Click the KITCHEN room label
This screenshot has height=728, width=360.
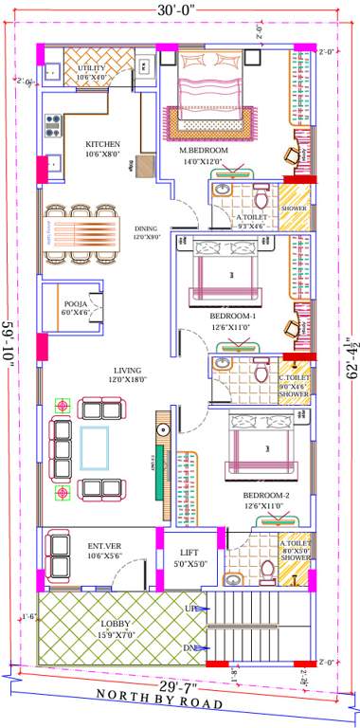pyautogui.click(x=103, y=144)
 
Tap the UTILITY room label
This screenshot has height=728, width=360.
pyautogui.click(x=92, y=68)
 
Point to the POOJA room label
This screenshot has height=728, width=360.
pyautogui.click(x=75, y=302)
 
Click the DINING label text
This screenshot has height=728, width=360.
pyautogui.click(x=146, y=228)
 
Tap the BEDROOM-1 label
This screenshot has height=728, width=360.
pyautogui.click(x=234, y=315)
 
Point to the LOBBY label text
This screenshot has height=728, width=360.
pyautogui.click(x=117, y=624)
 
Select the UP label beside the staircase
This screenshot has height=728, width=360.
pyautogui.click(x=190, y=608)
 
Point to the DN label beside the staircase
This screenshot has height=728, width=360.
pyautogui.click(x=190, y=648)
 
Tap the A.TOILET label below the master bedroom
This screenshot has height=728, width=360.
pyautogui.click(x=251, y=217)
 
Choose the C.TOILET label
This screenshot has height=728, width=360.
pyautogui.click(x=293, y=378)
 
